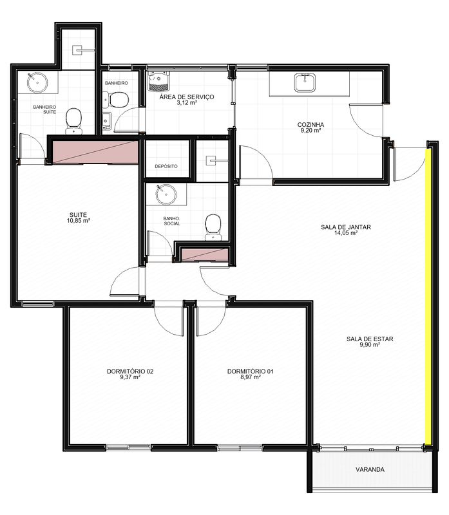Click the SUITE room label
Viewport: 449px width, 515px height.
[78, 215]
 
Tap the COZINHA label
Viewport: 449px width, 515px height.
[310, 124]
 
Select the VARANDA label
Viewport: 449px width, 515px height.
[370, 470]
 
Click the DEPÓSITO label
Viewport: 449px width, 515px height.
[166, 166]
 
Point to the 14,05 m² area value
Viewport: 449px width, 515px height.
[346, 233]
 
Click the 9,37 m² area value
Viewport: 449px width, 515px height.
[130, 377]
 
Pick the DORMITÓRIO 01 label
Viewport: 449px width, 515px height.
[251, 371]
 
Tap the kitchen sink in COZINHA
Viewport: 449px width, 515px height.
[305, 82]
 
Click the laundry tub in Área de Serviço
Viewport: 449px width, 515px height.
[158, 81]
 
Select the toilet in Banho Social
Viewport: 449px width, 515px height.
[213, 227]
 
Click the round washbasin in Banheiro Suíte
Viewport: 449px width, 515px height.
[37, 82]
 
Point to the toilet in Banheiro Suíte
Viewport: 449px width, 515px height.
[74, 121]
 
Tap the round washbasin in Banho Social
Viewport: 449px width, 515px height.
[166, 194]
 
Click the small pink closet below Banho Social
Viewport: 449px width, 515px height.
[204, 254]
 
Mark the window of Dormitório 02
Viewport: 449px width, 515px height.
[128, 447]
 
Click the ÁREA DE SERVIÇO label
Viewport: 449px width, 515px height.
[187, 97]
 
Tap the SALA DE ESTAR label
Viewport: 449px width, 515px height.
[370, 339]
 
